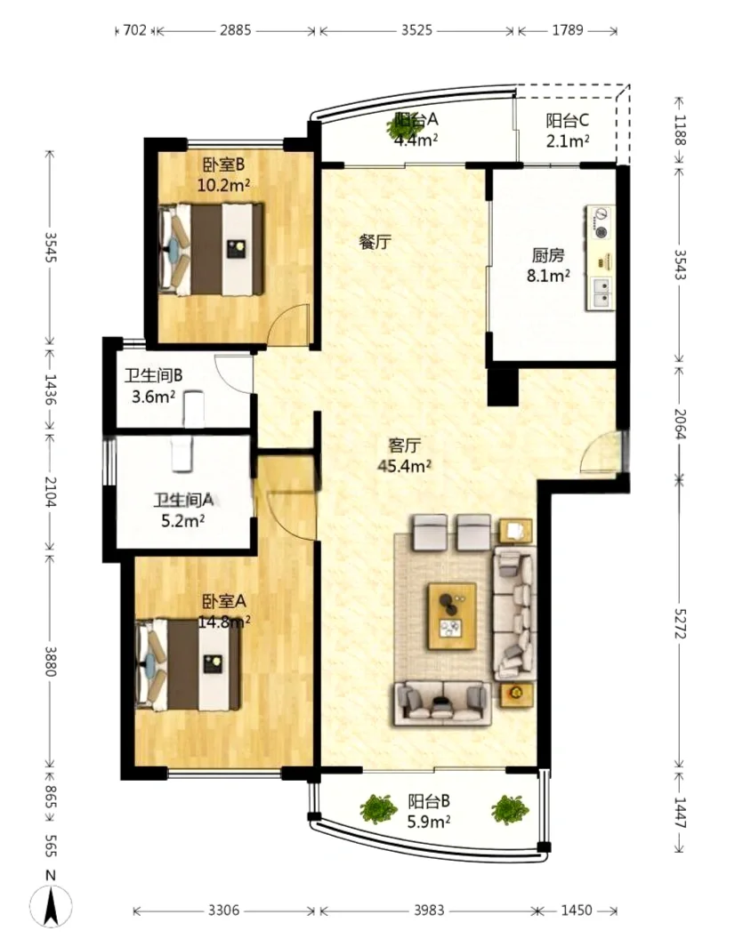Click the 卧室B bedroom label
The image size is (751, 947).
(223, 165)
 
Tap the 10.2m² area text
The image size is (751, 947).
(223, 185)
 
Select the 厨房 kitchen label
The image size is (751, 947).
(548, 255)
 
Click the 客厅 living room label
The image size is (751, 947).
(404, 445)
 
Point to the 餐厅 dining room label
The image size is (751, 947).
(375, 242)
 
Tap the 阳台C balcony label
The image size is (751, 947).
(568, 121)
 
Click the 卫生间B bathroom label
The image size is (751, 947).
(153, 375)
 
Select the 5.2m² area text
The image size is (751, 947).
(182, 520)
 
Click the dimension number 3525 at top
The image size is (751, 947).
(417, 29)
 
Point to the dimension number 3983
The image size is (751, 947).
(429, 911)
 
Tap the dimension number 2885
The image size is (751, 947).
(236, 29)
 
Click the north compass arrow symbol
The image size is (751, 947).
(52, 906)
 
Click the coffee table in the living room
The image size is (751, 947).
(452, 616)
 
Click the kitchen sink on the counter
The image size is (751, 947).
(602, 293)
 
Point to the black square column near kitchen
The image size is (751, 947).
(503, 387)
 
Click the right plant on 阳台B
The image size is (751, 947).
(510, 809)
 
